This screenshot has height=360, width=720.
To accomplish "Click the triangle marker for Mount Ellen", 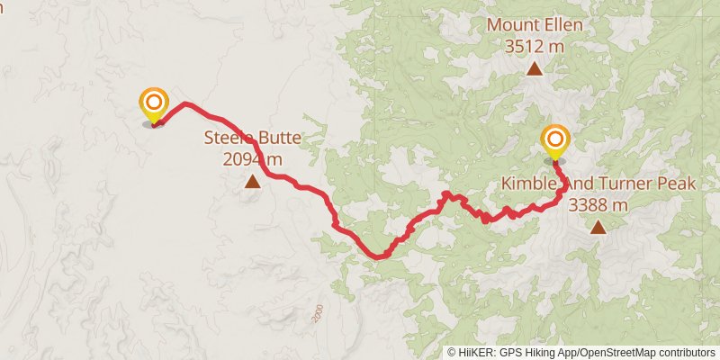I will (535, 68).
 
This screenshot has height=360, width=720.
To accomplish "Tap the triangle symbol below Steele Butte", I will (253, 183).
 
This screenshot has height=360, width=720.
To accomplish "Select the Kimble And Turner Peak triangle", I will (598, 228).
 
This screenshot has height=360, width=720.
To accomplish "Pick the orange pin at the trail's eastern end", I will (556, 140).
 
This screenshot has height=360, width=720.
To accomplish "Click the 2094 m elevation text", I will (253, 159).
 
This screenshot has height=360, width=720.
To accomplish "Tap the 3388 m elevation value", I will (598, 204).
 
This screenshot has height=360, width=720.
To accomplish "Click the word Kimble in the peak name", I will (526, 184).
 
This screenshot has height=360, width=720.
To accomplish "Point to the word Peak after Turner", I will (677, 184).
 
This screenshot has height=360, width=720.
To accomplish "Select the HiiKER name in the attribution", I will (473, 352).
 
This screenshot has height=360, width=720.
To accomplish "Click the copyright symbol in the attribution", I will (451, 352).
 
